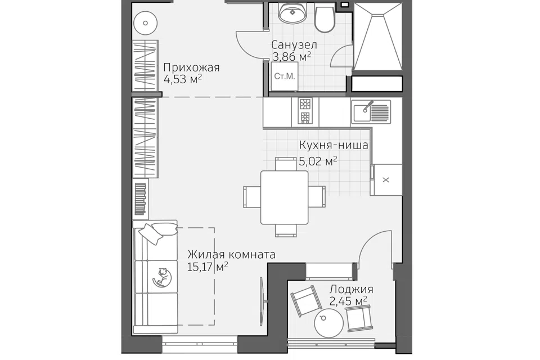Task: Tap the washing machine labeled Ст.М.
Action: pos(285,76)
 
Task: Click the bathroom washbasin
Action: pos(292,13)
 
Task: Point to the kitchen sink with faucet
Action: pos(371,111)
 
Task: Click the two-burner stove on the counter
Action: pos(305,111)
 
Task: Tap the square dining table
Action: pos(285,197)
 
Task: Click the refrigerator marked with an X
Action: pos(386,180)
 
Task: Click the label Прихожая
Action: pos(191,67)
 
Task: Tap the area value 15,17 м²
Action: pos(208,266)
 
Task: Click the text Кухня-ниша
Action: pos(334,145)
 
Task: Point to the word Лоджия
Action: pos(351,289)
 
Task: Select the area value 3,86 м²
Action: pos(292,56)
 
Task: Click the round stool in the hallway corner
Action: pos(145,23)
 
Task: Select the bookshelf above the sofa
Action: pos(141,198)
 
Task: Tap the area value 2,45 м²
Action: pos(348,301)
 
